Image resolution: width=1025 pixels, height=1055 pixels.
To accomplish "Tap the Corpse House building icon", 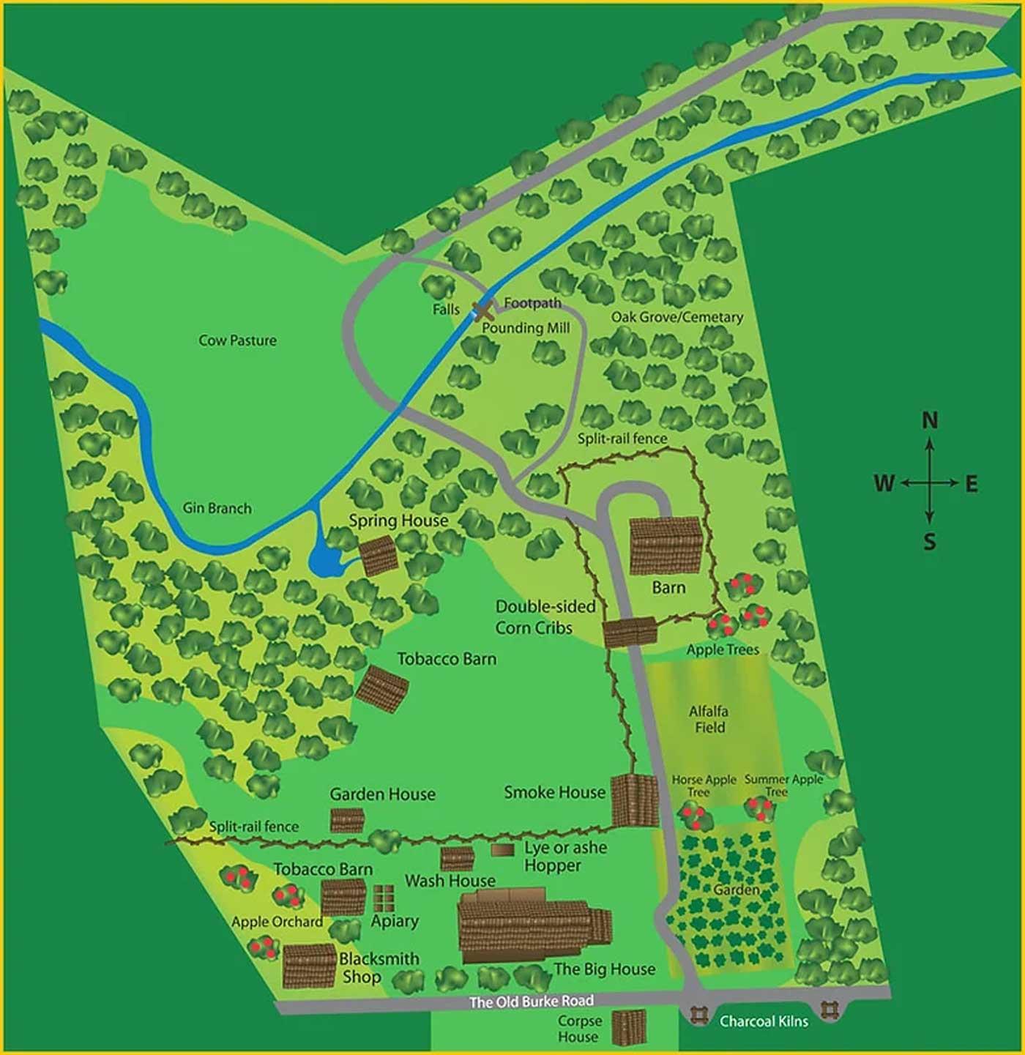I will pyautogui.click(x=629, y=1028).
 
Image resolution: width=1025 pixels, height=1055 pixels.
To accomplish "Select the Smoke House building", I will pyautogui.click(x=635, y=800).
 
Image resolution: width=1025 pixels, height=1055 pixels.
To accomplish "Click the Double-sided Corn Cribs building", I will pyautogui.click(x=630, y=633).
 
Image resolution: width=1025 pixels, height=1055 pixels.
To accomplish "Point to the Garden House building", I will pyautogui.click(x=347, y=820).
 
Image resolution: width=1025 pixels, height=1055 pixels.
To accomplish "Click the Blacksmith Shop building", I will pyautogui.click(x=310, y=966).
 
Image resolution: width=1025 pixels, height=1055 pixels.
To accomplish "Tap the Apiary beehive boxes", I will pyautogui.click(x=384, y=898).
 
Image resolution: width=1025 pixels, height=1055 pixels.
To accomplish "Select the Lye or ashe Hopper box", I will pyautogui.click(x=502, y=850).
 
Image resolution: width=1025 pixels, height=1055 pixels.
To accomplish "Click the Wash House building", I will pyautogui.click(x=457, y=858).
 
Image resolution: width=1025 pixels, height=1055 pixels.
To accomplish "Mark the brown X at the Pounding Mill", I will pyautogui.click(x=482, y=311).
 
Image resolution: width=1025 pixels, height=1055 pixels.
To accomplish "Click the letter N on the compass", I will pyautogui.click(x=929, y=420).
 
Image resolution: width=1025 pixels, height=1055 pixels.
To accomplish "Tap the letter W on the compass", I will pyautogui.click(x=884, y=483).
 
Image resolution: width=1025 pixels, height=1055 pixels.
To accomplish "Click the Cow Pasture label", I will pyautogui.click(x=237, y=340).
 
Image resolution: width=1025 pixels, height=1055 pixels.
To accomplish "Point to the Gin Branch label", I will pyautogui.click(x=217, y=508).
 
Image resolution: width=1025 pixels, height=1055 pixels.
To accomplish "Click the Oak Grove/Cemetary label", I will pyautogui.click(x=676, y=317).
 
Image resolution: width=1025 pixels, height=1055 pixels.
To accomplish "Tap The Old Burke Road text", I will pyautogui.click(x=531, y=1001).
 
